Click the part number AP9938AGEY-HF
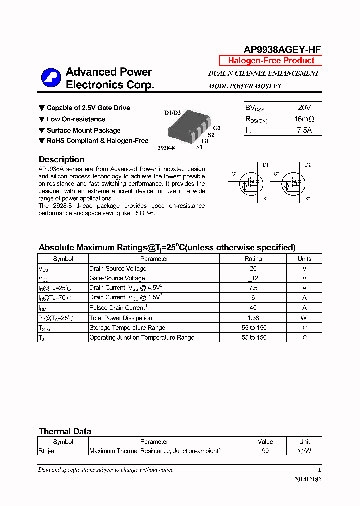(282, 49)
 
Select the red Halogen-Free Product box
(271, 61)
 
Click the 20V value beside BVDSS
(304, 108)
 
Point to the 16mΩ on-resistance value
(304, 119)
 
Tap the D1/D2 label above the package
(172, 113)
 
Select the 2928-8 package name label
(166, 148)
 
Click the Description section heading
(61, 160)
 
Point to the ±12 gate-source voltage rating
(253, 278)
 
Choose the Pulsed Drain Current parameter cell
(118, 308)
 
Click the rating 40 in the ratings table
(253, 308)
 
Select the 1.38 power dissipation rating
(253, 318)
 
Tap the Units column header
(304, 259)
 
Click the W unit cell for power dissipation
(304, 318)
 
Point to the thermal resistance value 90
(265, 451)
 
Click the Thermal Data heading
(65, 432)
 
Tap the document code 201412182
(307, 479)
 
